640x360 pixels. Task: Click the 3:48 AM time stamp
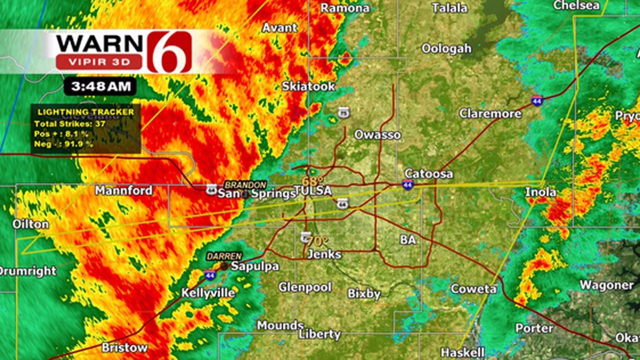[100, 86]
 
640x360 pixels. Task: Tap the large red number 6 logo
[169, 51]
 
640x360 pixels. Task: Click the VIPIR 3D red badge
[98, 62]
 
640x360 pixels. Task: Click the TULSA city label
[312, 191]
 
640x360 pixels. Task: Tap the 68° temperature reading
[312, 181]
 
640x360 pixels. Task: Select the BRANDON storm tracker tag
[244, 184]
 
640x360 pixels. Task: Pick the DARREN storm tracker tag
[224, 256]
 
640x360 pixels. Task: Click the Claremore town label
[490, 113]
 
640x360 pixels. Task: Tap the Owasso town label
[377, 135]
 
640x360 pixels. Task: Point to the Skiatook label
[308, 86]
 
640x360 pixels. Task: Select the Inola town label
[540, 191]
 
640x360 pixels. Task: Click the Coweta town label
[473, 288]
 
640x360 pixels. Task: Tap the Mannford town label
[123, 190]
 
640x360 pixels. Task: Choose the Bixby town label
[364, 293]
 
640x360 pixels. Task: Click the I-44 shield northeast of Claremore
[537, 99]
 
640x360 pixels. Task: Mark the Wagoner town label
[606, 285]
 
